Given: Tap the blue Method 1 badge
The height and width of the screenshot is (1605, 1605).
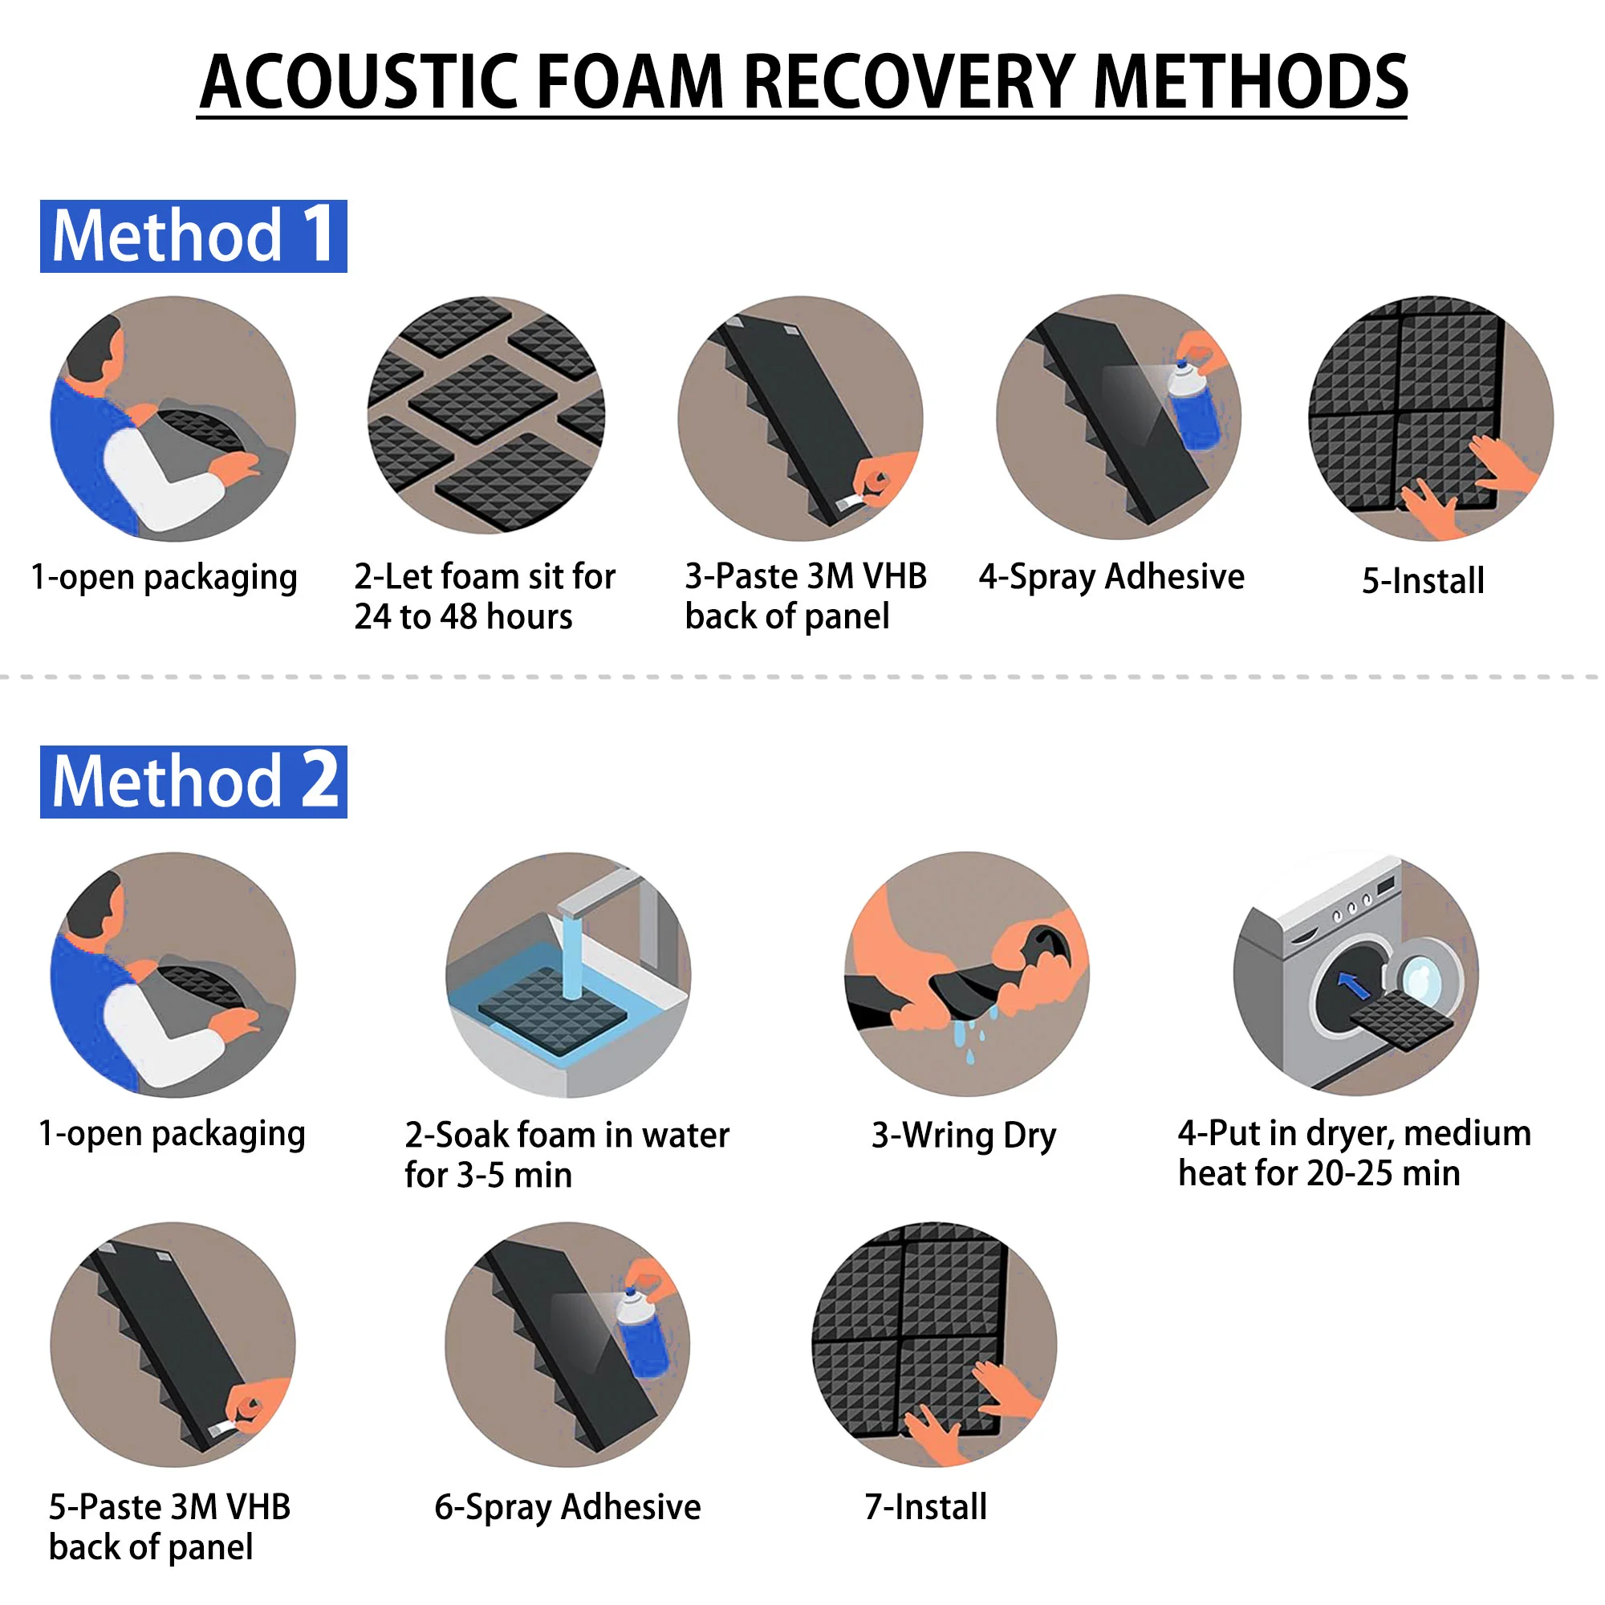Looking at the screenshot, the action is (193, 236).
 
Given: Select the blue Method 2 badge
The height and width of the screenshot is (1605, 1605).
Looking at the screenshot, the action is (193, 782).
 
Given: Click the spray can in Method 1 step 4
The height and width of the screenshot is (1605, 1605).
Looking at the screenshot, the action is (1193, 405).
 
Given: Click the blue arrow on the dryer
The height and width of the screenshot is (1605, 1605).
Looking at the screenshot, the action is (1353, 985).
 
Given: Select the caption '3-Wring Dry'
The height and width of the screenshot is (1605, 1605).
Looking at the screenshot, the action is (964, 1136).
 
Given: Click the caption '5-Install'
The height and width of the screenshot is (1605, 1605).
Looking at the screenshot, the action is (1422, 580).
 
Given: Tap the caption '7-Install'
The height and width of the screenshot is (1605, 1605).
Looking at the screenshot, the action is (925, 1506).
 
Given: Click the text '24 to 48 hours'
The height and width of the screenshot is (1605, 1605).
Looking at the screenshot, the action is (463, 616).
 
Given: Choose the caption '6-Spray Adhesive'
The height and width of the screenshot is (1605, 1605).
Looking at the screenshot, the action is (567, 1507).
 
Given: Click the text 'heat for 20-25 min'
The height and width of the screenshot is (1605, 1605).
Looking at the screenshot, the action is (1319, 1173).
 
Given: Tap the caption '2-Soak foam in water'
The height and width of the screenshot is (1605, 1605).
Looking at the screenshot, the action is (567, 1135).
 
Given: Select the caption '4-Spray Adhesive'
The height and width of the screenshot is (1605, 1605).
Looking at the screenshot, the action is (1111, 576).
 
